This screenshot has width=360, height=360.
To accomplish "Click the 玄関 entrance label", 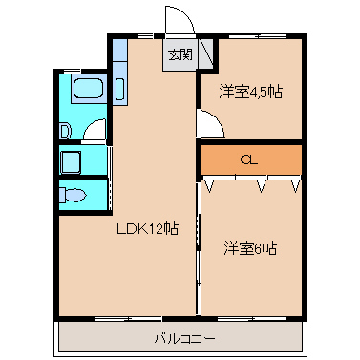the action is pos(180,54).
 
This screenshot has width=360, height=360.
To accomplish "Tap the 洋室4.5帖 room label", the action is pos(250,92).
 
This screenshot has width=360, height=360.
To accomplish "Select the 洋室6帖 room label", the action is pos(250,248).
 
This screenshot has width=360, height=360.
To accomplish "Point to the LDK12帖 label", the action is pos(147,228).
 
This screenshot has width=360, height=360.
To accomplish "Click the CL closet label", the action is pos(248,160).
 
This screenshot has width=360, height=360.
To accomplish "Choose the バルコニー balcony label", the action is pos(184,338).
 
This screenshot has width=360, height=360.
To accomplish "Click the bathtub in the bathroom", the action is pos(89,89).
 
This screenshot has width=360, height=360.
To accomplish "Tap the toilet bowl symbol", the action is pos(73,195).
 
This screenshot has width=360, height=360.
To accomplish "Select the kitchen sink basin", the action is pos(119,89).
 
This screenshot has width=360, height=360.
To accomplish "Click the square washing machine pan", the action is pos(71,162).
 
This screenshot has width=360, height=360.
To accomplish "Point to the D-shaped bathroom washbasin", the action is pos(66,131).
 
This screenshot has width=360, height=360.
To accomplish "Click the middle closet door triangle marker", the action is pos(262,185).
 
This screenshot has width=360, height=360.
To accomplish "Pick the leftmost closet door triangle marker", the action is pos(209,185).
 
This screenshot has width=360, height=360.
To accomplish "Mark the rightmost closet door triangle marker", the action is pos(296,185).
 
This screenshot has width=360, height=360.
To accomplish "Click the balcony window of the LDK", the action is pos(129,318).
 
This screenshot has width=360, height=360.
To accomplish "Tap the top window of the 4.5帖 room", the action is pos(258,35).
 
